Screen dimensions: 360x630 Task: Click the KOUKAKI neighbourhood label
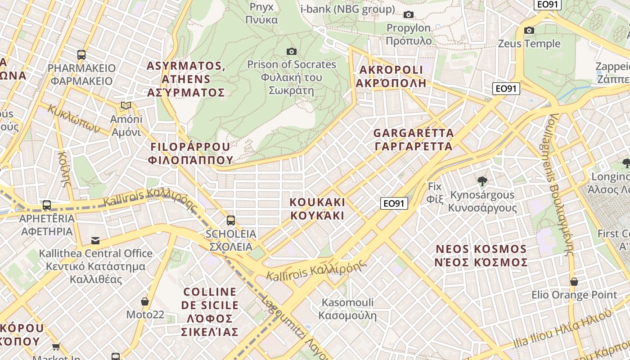tap(317, 208)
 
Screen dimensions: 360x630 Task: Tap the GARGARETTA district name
tap(413, 140)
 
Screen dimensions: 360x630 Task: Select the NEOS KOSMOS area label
tap(481, 256)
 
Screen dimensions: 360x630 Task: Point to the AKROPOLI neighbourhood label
tap(391, 76)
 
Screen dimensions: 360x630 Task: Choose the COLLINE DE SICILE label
tap(210, 312)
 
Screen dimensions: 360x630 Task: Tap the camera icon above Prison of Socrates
tap(292, 52)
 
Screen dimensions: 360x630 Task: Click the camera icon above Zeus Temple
tap(529, 31)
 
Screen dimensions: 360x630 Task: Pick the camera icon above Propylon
tap(409, 15)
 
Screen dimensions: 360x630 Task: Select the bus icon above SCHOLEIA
tap(231, 220)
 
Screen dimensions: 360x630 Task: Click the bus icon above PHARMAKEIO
tap(81, 55)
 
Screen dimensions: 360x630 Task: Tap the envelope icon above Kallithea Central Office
tap(95, 241)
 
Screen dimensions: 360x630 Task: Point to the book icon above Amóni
tap(126, 106)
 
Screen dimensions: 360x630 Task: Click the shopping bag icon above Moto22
tap(145, 301)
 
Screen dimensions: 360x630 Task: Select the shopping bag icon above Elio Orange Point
tap(574, 282)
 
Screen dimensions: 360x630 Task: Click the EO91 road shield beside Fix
tap(394, 203)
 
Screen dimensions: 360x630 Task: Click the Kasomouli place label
tap(347, 309)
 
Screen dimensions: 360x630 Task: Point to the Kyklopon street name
tap(74, 118)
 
